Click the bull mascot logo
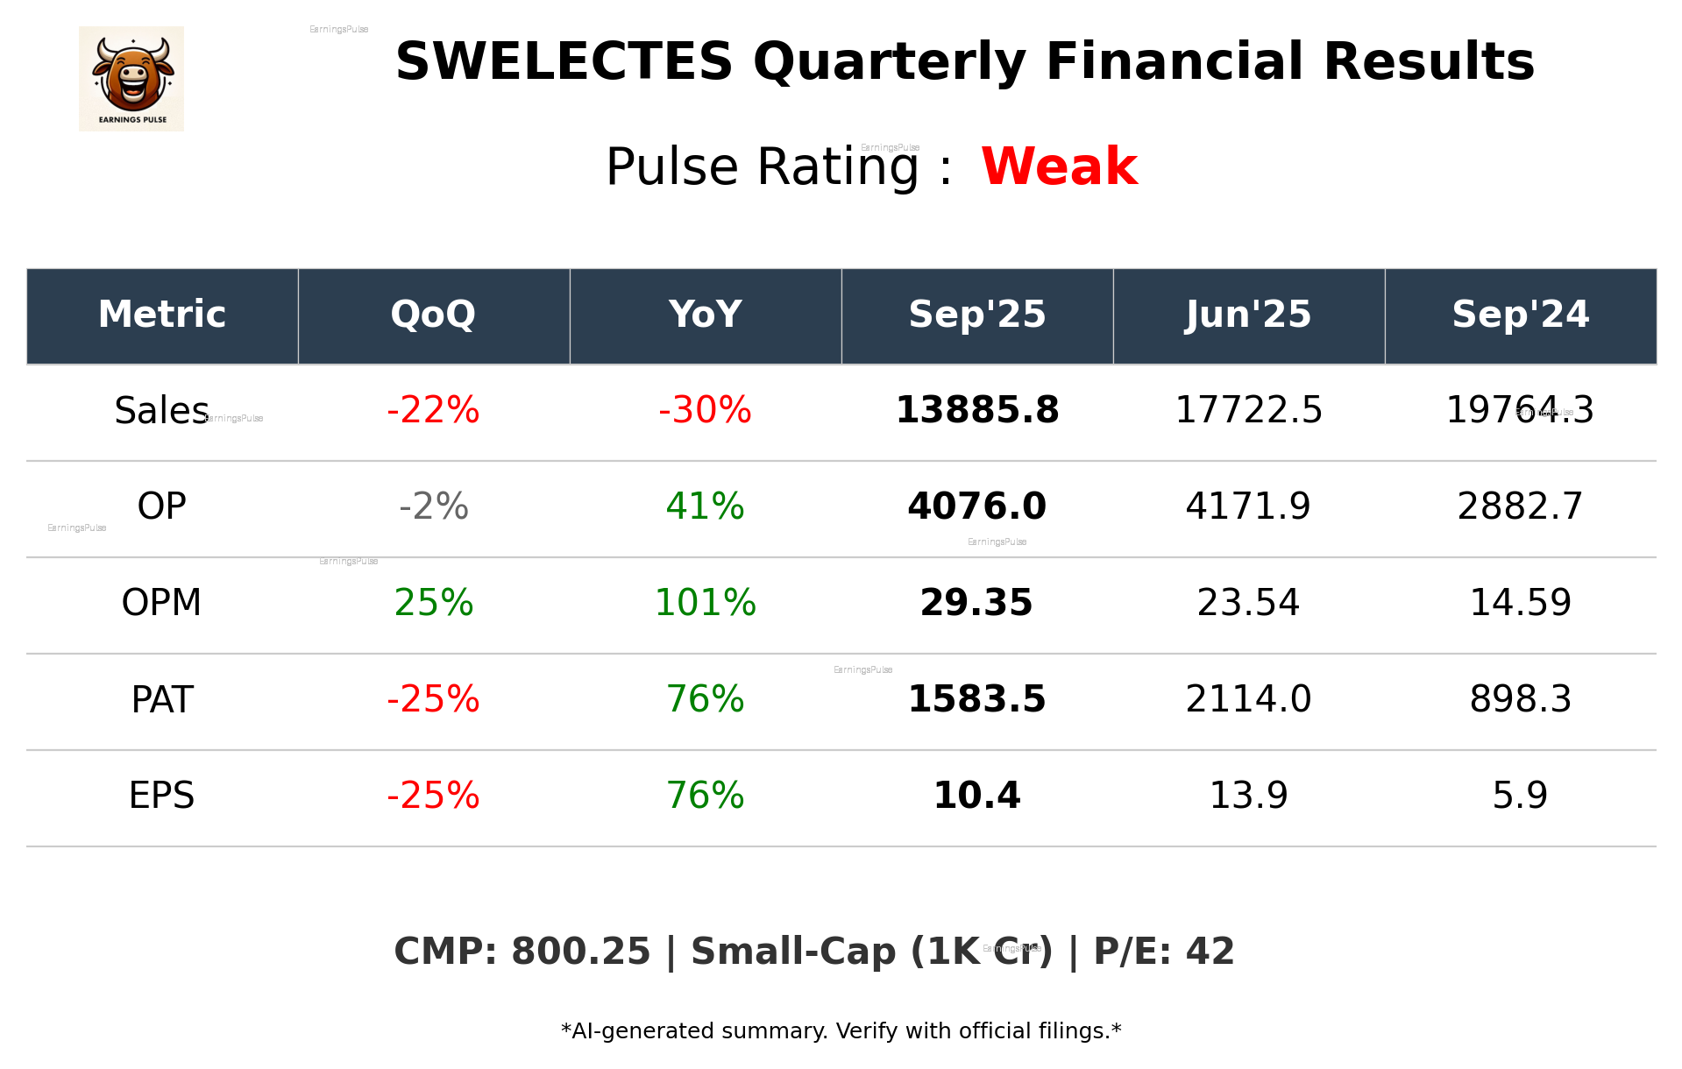coord(131,78)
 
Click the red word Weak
coord(1059,166)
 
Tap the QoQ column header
coord(433,315)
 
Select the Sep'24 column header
coord(1520,315)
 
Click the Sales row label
coord(161,410)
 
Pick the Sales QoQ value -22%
coord(433,410)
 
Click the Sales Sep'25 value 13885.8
coord(976,410)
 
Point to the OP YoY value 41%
coord(705,506)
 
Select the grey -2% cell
coord(433,506)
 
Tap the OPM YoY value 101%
coord(705,603)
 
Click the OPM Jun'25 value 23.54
coord(1248,603)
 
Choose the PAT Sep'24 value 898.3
coord(1520,699)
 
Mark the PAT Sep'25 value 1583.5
coord(976,699)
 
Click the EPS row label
coord(161,796)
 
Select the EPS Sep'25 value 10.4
coord(976,796)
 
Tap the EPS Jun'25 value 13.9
coord(1248,796)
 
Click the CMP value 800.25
coord(580,952)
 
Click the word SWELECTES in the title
coord(564,62)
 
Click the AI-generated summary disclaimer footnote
coord(841,1031)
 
